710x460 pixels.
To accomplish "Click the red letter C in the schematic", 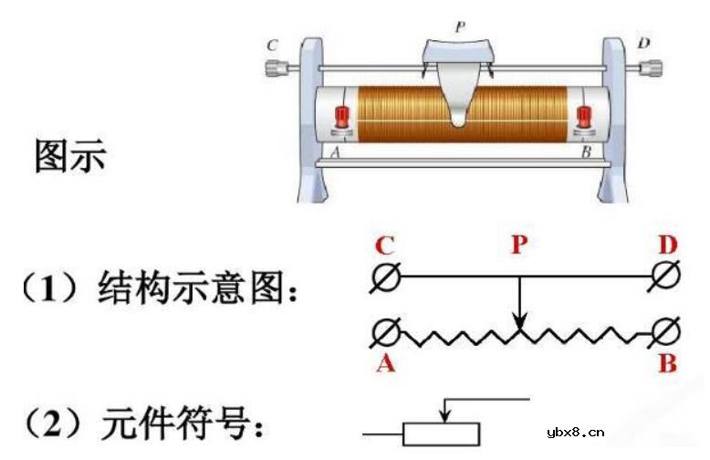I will pos(385,246).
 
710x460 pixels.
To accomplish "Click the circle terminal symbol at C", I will pos(386,277).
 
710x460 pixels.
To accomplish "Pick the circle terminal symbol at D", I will pos(666,277).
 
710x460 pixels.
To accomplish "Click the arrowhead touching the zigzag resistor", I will pos(518,322).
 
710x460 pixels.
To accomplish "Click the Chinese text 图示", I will pos(69,155).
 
